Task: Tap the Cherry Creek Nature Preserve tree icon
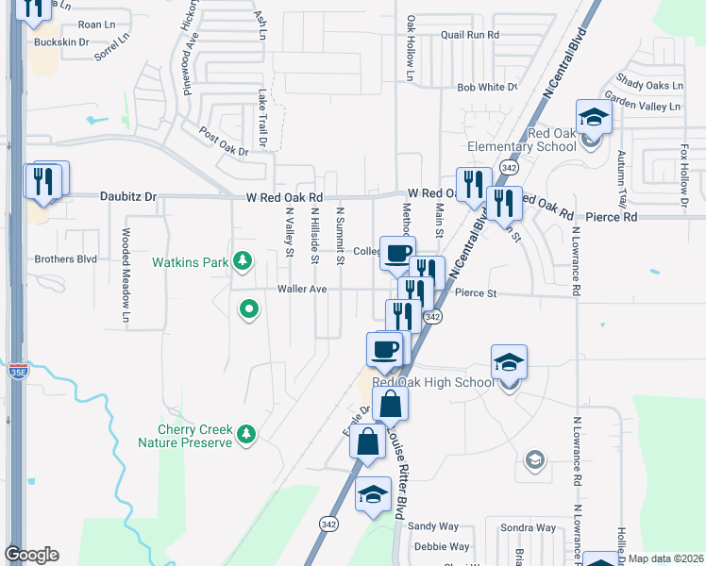pos(246,433)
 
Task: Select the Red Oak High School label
pos(433,382)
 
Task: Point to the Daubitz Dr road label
pos(128,197)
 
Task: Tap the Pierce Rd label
pos(611,217)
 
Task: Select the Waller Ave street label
pos(301,289)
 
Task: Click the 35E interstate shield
pos(17,370)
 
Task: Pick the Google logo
pos(31,555)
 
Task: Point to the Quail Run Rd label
pos(469,35)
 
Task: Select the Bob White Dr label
pos(487,87)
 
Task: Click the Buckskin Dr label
pos(61,42)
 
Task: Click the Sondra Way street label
pos(529,527)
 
